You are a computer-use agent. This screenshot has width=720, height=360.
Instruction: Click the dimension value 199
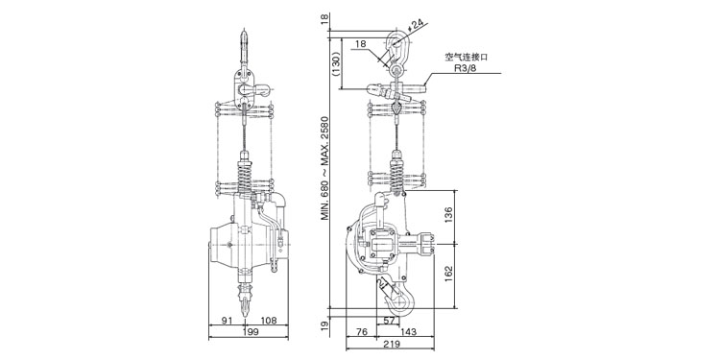249,332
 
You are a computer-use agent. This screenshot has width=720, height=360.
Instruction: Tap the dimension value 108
269,321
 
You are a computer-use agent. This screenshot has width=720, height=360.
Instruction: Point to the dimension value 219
391,344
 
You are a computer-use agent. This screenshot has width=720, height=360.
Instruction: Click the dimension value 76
362,331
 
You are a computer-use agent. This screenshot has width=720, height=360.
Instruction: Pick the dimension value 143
408,331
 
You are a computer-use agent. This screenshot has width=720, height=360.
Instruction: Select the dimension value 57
389,321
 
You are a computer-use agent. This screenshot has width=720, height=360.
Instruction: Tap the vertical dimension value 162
448,275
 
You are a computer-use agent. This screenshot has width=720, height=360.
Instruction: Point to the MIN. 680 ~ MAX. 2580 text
325,168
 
